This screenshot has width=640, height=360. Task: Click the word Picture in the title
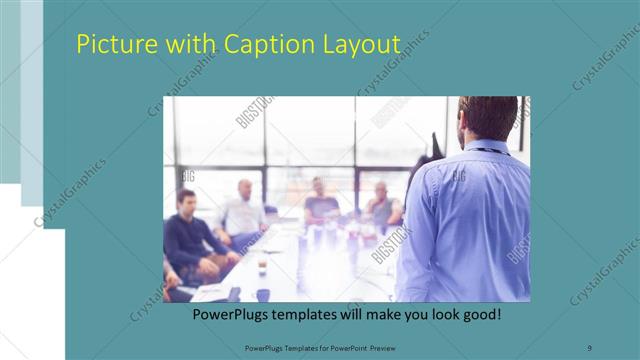pos(110,45)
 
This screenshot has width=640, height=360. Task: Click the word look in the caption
pos(439,314)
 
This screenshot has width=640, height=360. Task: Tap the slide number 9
pos(590,346)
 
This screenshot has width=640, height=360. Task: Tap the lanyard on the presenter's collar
pos(490,151)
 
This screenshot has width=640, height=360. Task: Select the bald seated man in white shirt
pos(243,212)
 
